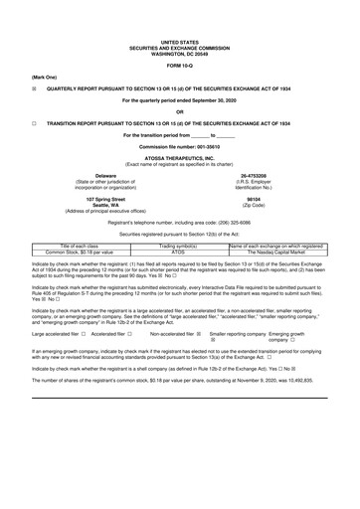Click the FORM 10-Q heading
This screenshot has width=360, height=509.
(x=180, y=66)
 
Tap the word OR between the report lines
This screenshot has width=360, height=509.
(x=180, y=111)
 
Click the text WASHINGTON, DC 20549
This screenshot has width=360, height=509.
(x=180, y=50)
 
